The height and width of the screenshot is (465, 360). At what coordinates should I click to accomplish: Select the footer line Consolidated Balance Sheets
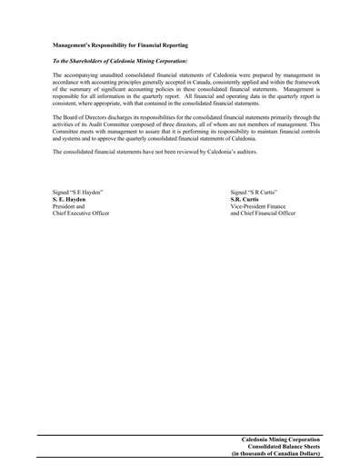[x=283, y=446]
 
